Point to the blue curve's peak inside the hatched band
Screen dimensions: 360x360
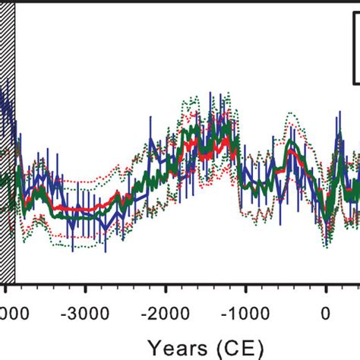[x=4, y=95]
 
